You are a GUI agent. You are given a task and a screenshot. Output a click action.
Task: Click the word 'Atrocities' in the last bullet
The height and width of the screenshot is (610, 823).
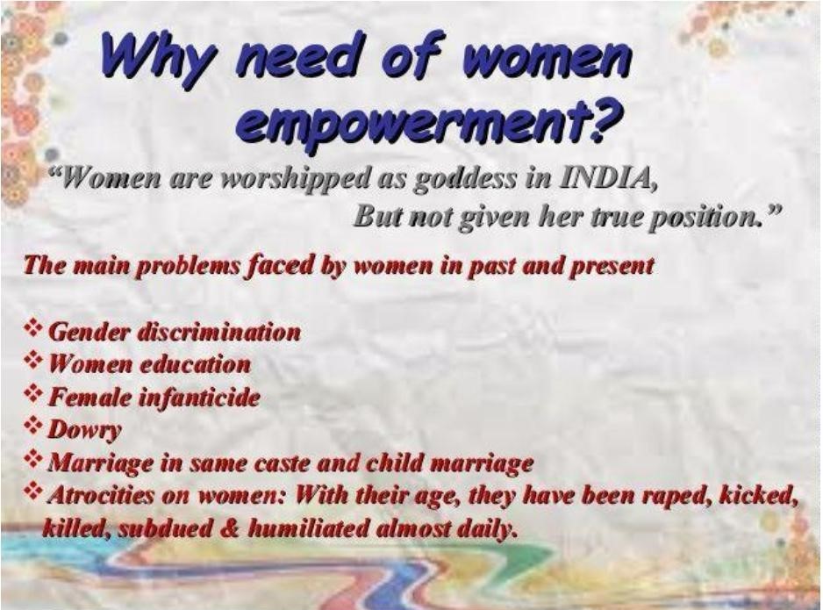pos(97,495)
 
